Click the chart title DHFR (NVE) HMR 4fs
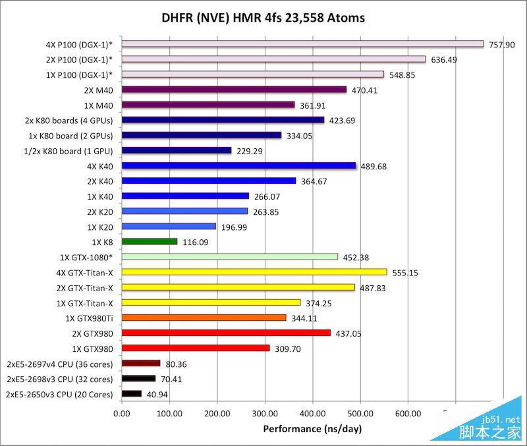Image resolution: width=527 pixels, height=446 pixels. [x=263, y=17]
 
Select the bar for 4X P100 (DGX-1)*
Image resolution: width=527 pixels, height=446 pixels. [x=303, y=44]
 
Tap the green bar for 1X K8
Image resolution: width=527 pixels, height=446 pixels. [x=150, y=242]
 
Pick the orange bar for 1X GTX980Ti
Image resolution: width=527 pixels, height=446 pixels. [x=204, y=318]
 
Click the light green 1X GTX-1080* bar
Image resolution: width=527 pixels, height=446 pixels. [x=230, y=257]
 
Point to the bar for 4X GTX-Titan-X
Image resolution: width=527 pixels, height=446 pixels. [x=254, y=271]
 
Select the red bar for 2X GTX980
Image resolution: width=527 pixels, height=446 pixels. [x=226, y=333]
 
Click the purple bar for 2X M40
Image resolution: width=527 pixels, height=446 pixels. [x=234, y=90]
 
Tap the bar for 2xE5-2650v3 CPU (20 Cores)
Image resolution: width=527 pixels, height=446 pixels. [x=132, y=394]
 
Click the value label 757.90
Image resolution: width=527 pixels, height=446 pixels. [x=502, y=45]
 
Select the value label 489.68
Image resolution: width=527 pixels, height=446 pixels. [x=374, y=166]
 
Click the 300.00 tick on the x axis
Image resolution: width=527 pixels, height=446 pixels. [x=265, y=414]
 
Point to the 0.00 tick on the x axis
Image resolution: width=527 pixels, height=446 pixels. [x=122, y=414]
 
